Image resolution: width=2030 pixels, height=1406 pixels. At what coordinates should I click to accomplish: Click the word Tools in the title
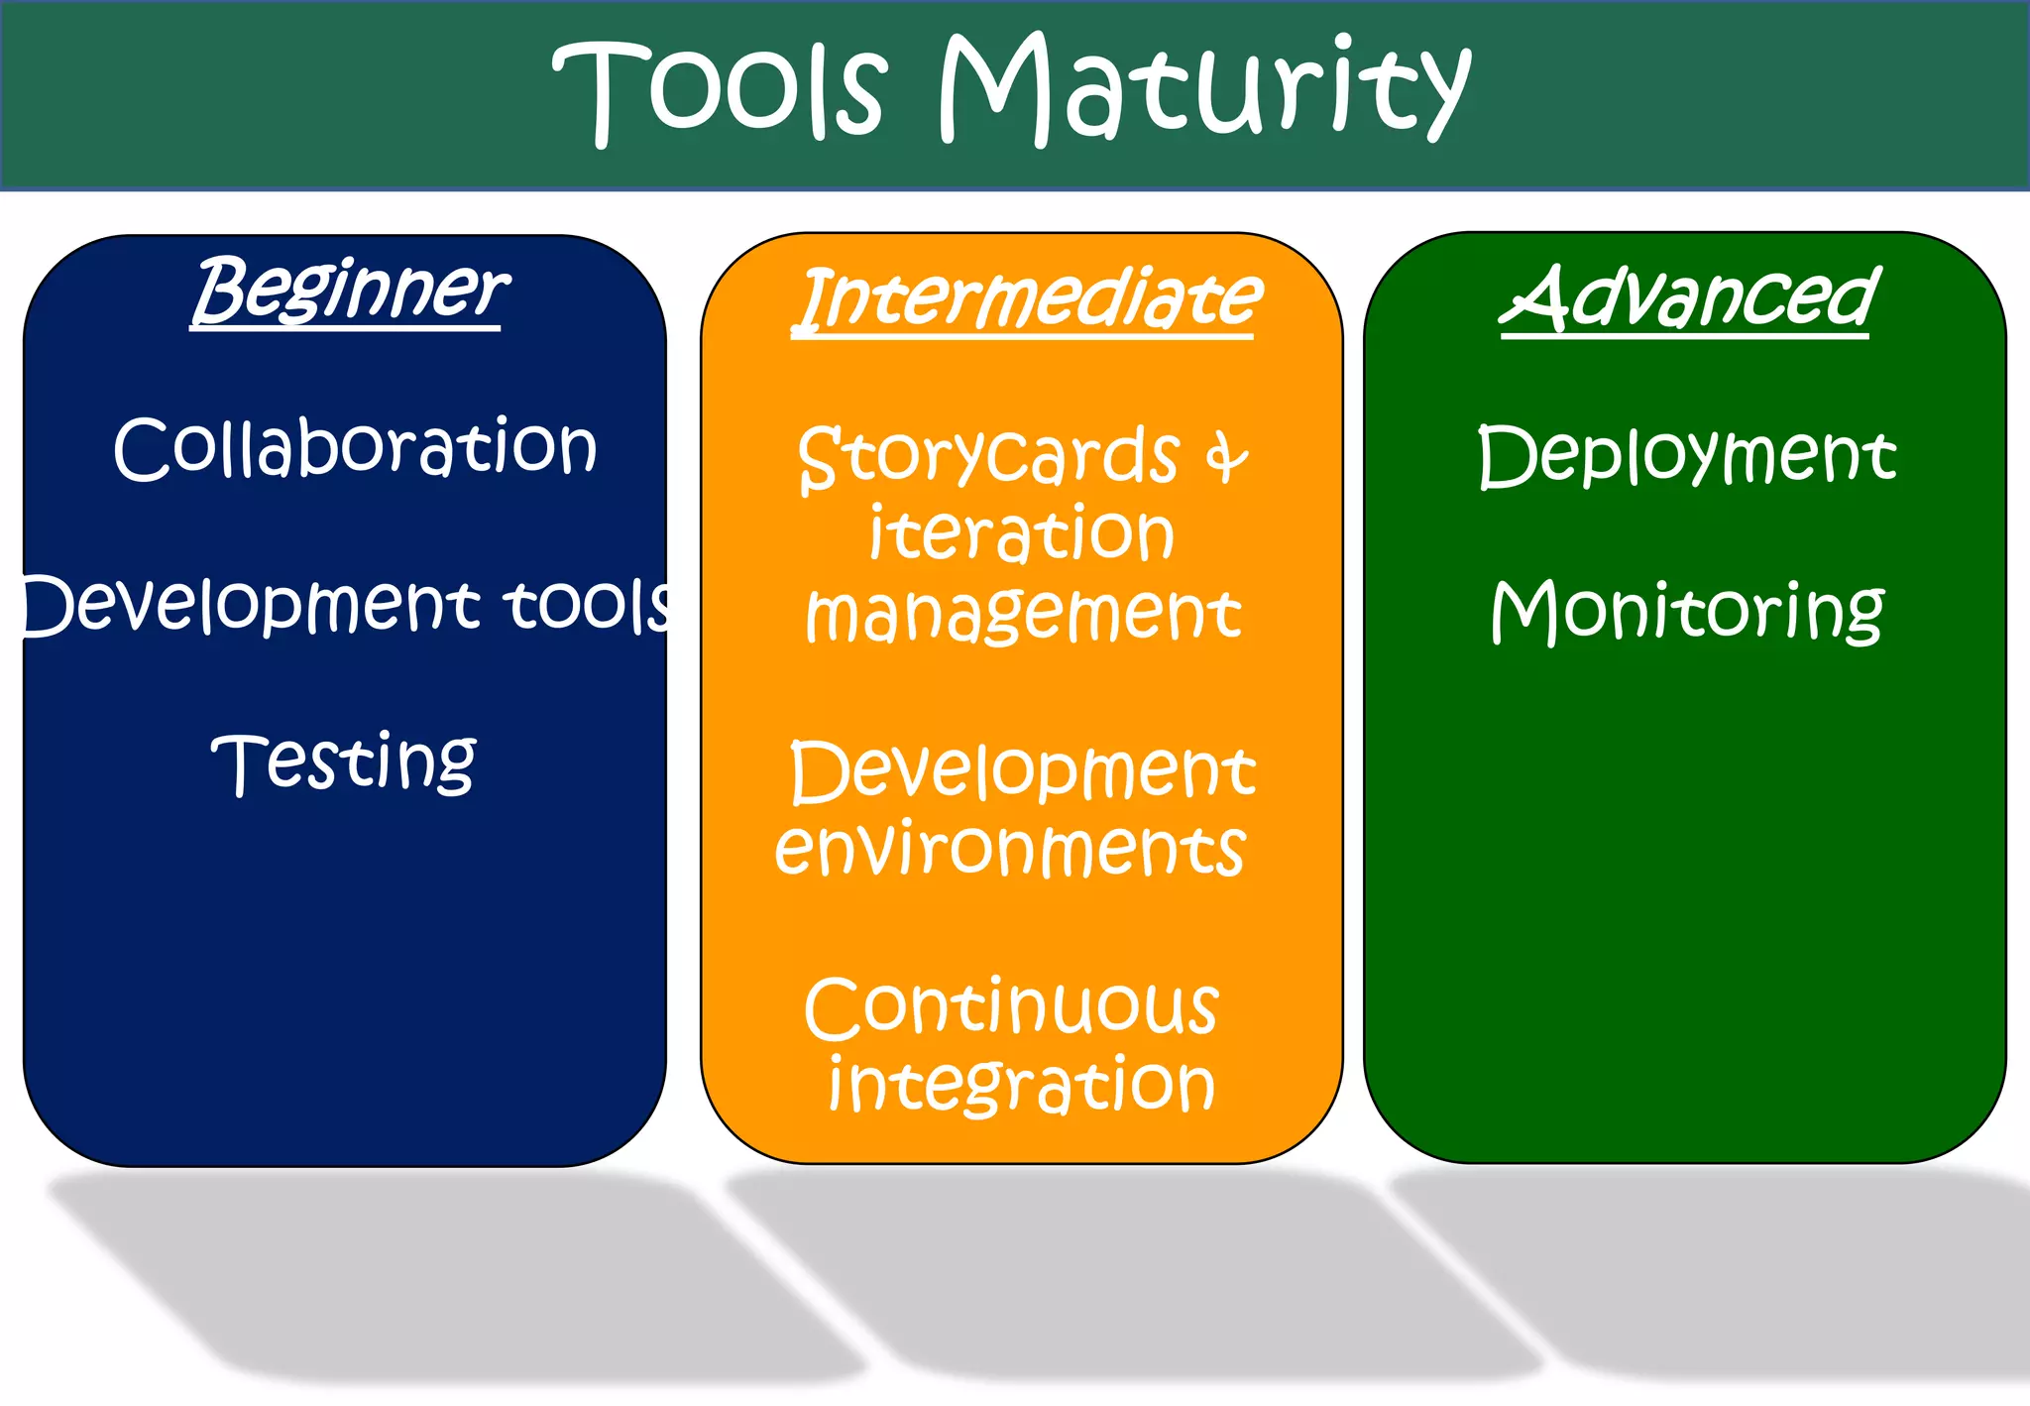click(720, 89)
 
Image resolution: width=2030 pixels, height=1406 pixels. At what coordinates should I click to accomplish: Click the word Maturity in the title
click(1204, 89)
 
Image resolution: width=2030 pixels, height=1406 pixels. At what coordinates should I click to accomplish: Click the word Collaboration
click(355, 448)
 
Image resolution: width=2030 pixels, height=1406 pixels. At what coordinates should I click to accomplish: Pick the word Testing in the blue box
click(344, 762)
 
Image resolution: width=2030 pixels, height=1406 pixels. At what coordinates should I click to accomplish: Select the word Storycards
click(988, 457)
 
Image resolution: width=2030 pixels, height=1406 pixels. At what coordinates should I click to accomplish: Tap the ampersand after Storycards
click(1226, 458)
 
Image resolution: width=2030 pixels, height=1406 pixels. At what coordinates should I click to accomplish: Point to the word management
click(1023, 614)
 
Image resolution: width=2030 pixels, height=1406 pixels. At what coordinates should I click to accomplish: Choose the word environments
click(1009, 849)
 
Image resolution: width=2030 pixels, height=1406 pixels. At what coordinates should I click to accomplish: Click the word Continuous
click(1011, 1007)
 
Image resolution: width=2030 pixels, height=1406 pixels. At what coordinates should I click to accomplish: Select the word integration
click(1021, 1085)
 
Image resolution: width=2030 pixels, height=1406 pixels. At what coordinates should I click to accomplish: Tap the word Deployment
click(1686, 455)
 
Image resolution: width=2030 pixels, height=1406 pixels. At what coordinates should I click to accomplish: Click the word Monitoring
click(1686, 611)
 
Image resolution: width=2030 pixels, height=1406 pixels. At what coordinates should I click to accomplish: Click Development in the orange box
click(1023, 772)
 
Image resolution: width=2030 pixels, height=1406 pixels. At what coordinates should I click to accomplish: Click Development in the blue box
click(248, 605)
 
